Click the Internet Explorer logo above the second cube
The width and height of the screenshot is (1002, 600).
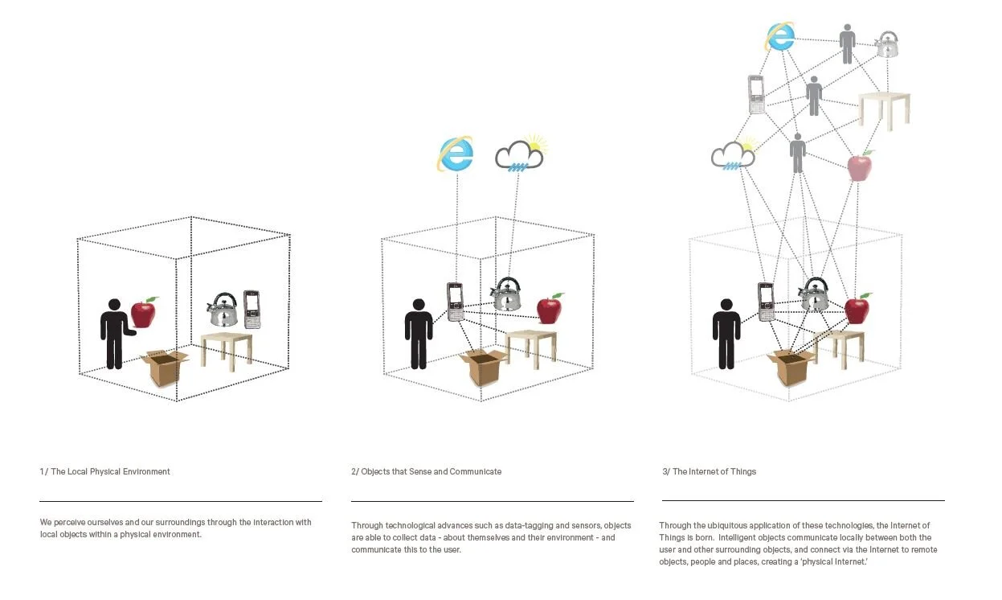(455, 154)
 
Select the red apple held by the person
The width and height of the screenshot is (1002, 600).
(144, 312)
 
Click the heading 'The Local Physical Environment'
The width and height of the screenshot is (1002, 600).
(110, 471)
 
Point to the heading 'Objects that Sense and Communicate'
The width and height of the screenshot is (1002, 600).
(431, 471)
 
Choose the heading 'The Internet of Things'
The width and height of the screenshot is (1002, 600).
(714, 471)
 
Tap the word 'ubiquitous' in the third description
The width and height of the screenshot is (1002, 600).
(726, 526)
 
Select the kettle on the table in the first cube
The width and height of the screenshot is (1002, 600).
(223, 309)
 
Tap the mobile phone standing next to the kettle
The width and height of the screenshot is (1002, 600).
(252, 309)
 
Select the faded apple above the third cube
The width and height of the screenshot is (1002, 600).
(859, 166)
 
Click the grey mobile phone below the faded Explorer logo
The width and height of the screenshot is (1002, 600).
(756, 94)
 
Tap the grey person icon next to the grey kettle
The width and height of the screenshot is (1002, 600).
(847, 43)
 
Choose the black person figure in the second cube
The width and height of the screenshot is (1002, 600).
(419, 334)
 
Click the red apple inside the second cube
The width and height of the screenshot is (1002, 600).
(550, 309)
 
